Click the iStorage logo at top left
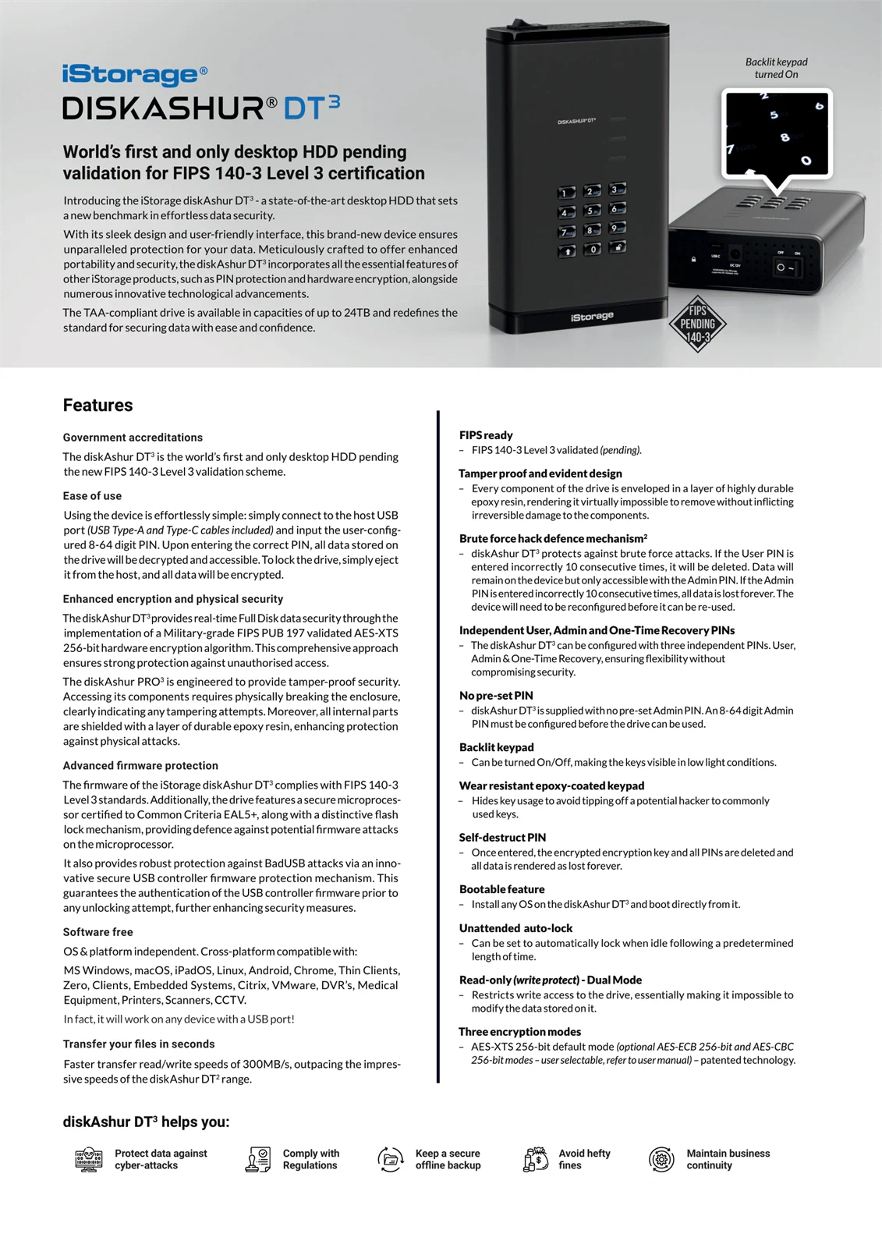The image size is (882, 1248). (x=135, y=75)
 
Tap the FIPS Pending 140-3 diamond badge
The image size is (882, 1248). (x=697, y=324)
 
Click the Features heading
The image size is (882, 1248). (x=97, y=405)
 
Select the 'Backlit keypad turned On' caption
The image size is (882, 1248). (x=776, y=68)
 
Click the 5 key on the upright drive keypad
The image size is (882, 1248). (x=593, y=211)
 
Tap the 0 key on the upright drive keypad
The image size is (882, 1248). (x=593, y=249)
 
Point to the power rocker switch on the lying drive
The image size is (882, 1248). (x=785, y=267)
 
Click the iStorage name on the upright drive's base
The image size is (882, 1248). (x=592, y=317)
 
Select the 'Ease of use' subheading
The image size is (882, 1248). (x=92, y=496)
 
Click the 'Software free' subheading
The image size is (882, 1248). (x=97, y=932)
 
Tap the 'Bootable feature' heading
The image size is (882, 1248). (x=501, y=889)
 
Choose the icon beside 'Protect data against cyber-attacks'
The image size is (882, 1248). (x=89, y=1160)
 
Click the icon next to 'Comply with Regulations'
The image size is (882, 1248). (x=257, y=1160)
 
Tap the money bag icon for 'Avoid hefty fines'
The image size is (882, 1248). (x=536, y=1160)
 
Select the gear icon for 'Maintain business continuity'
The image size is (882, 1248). (x=661, y=1160)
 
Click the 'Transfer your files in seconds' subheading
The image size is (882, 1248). (x=139, y=1044)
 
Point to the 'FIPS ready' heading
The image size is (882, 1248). (x=486, y=435)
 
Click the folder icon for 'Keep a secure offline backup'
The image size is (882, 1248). (x=391, y=1160)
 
